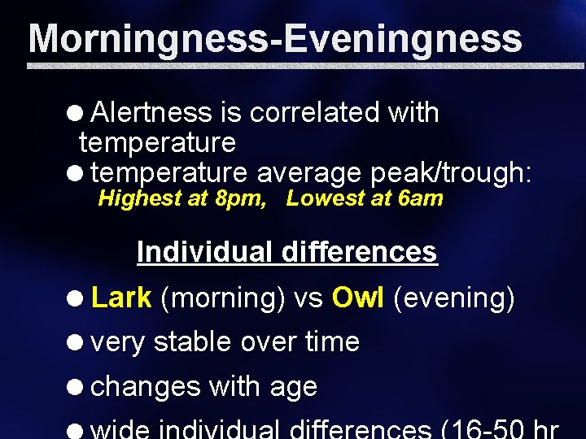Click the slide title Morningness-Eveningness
click(x=275, y=38)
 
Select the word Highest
click(x=141, y=198)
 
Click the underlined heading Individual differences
click(x=287, y=252)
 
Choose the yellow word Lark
click(x=121, y=298)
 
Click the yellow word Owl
click(x=358, y=298)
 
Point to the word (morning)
click(x=222, y=299)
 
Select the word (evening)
click(x=453, y=299)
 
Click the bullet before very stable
click(x=79, y=343)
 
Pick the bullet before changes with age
click(x=79, y=387)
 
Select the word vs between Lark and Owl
click(x=308, y=299)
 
